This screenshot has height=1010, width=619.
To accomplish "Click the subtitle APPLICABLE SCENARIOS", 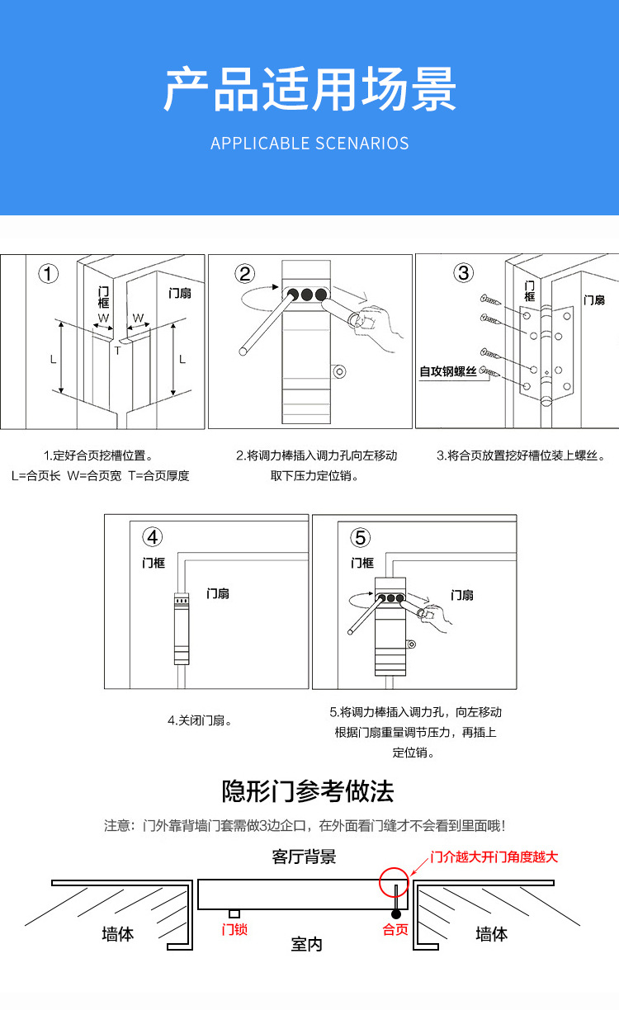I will coord(309,144).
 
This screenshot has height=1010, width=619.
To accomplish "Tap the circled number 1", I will coord(50,274).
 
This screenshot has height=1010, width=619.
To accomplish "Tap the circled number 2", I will coord(245,274).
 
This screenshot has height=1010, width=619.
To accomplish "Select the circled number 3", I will coord(464,273).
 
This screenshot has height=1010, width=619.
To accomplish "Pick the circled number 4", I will coord(153,538).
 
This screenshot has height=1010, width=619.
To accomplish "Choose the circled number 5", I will coord(361,538).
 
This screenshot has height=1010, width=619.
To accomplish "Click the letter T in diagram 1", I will coord(117,351).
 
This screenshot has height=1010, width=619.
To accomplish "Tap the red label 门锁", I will coord(234,929).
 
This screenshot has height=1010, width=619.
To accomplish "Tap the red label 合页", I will coord(395,930).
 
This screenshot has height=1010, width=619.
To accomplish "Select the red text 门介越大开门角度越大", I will coord(494,857).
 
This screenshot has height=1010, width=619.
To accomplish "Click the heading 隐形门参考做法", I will coord(308,791).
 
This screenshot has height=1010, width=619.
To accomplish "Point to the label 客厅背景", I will coord(305,857).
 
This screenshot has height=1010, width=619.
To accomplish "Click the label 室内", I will coord(307,944).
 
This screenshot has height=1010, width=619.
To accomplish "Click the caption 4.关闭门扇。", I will coord(200,720).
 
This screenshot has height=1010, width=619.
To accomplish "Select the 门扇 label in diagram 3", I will coord(594,300).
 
